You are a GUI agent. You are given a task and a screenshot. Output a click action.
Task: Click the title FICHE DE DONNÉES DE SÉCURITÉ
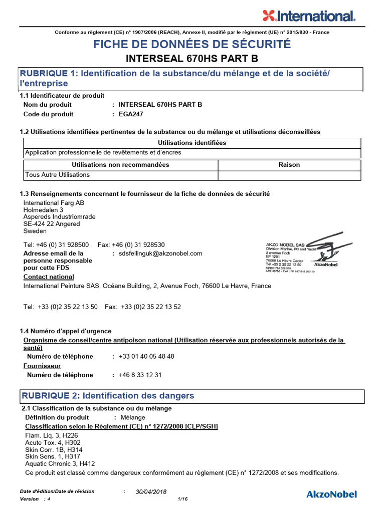[192, 45]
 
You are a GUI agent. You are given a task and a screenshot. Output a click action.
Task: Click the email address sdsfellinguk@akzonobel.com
[160, 253]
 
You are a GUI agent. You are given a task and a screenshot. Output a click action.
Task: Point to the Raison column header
[289, 165]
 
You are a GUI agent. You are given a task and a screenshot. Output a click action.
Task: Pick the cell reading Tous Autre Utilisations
[58, 175]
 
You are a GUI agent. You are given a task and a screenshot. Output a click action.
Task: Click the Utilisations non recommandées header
[120, 165]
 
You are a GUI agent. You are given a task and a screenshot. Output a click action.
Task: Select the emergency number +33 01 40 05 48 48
[146, 356]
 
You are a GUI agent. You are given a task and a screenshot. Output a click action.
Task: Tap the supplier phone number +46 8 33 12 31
[140, 375]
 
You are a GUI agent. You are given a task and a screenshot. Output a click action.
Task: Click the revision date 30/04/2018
[151, 492]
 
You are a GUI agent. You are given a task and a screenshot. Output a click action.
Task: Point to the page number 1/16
[182, 499]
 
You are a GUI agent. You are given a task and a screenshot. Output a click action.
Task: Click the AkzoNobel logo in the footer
[331, 494]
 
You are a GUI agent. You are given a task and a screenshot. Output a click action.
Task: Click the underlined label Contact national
[49, 277]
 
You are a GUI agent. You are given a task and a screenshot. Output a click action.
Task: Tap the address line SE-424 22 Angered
[52, 224]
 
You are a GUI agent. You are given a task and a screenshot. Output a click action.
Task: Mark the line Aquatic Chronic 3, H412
[60, 464]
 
